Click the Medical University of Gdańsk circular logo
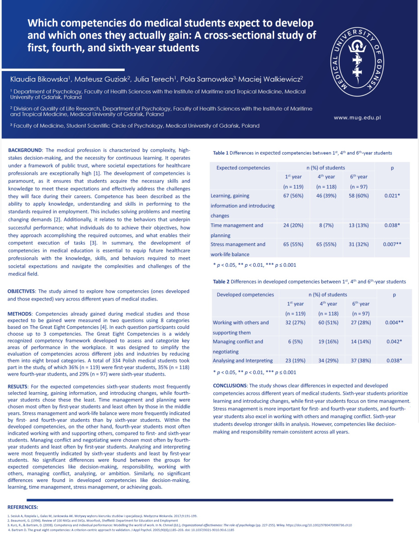tap(356, 60)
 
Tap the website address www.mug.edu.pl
tap(357, 117)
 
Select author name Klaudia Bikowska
tap(40, 80)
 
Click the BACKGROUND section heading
tap(25, 150)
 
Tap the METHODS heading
tap(21, 314)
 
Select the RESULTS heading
tap(20, 387)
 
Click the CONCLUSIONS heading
tap(230, 386)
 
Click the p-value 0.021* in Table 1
tap(392, 196)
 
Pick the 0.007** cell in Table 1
tap(392, 244)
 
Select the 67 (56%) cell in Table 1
tap(293, 196)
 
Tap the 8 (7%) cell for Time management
tap(326, 225)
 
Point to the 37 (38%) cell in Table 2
tap(361, 360)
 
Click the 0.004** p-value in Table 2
tap(393, 323)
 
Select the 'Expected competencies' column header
tap(243, 168)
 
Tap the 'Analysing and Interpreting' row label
tap(243, 360)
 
